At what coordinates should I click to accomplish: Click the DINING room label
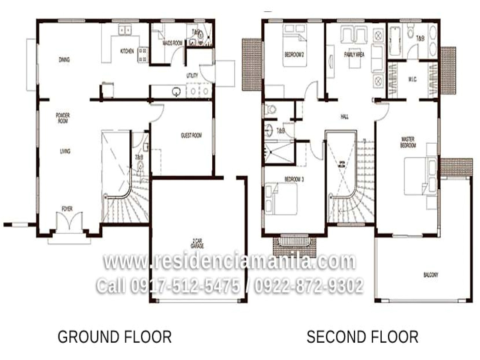64,60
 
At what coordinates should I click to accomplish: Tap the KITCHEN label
127,51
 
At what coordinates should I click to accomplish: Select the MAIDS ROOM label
172,43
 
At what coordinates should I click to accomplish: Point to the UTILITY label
192,76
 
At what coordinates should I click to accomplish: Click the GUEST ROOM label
191,135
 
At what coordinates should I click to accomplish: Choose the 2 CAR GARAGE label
197,244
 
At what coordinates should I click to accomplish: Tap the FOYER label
67,209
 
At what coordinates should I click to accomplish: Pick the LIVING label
65,151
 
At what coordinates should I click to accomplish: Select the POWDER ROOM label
63,118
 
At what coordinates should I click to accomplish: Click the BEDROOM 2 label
294,55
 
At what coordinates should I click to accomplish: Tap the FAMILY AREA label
354,55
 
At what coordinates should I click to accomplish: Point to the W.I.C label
412,79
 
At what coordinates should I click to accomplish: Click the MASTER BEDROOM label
408,142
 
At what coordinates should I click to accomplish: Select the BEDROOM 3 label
294,180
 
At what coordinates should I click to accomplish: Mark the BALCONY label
431,275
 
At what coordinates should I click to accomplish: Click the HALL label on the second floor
345,117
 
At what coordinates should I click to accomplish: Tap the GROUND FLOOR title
115,337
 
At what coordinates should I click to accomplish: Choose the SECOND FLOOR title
362,337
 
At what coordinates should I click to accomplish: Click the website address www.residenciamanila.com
229,261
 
